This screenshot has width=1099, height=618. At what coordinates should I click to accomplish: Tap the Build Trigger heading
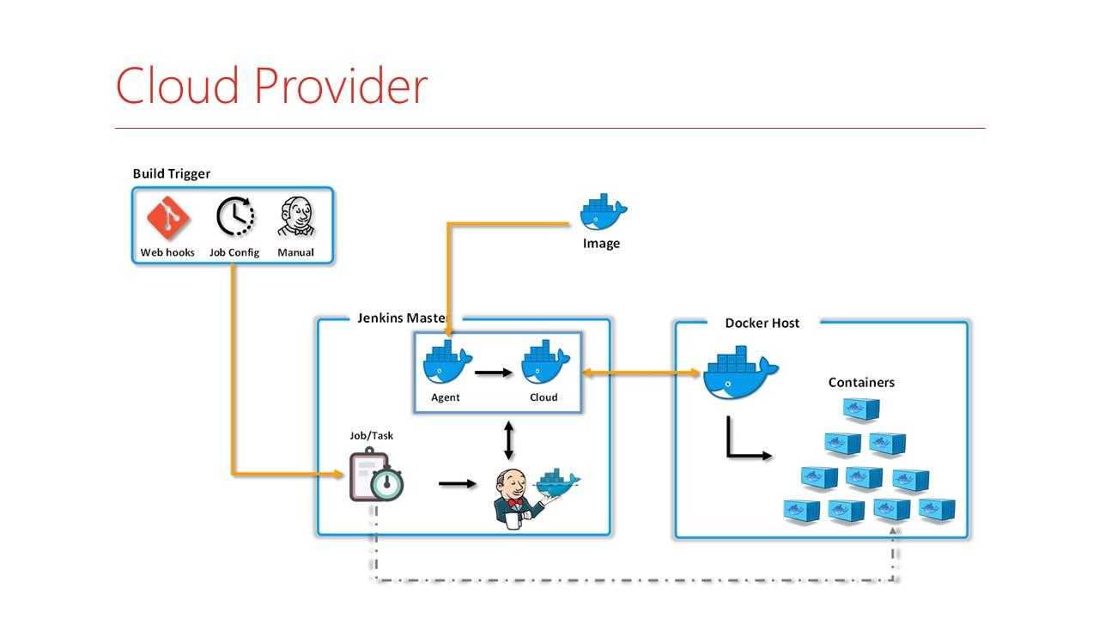pos(172,173)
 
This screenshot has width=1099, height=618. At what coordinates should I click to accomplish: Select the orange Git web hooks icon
pos(168,218)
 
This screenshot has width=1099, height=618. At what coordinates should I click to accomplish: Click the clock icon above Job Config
pos(234,217)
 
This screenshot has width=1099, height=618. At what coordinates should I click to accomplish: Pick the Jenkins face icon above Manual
pos(295,217)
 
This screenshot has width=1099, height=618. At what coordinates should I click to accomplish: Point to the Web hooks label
pos(167,252)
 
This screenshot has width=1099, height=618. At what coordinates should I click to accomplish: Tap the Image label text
pos(601,243)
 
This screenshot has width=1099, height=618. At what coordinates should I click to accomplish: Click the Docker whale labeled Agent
pos(446,364)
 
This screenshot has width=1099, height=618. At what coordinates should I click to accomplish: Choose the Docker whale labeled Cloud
pos(544,364)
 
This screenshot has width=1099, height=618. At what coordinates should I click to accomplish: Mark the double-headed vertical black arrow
pos(509,439)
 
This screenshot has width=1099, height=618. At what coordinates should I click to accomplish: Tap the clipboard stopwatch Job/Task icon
pos(376,477)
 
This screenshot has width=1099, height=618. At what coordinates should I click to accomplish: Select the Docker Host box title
pos(762,323)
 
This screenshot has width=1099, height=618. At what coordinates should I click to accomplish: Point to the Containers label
pos(861,382)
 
